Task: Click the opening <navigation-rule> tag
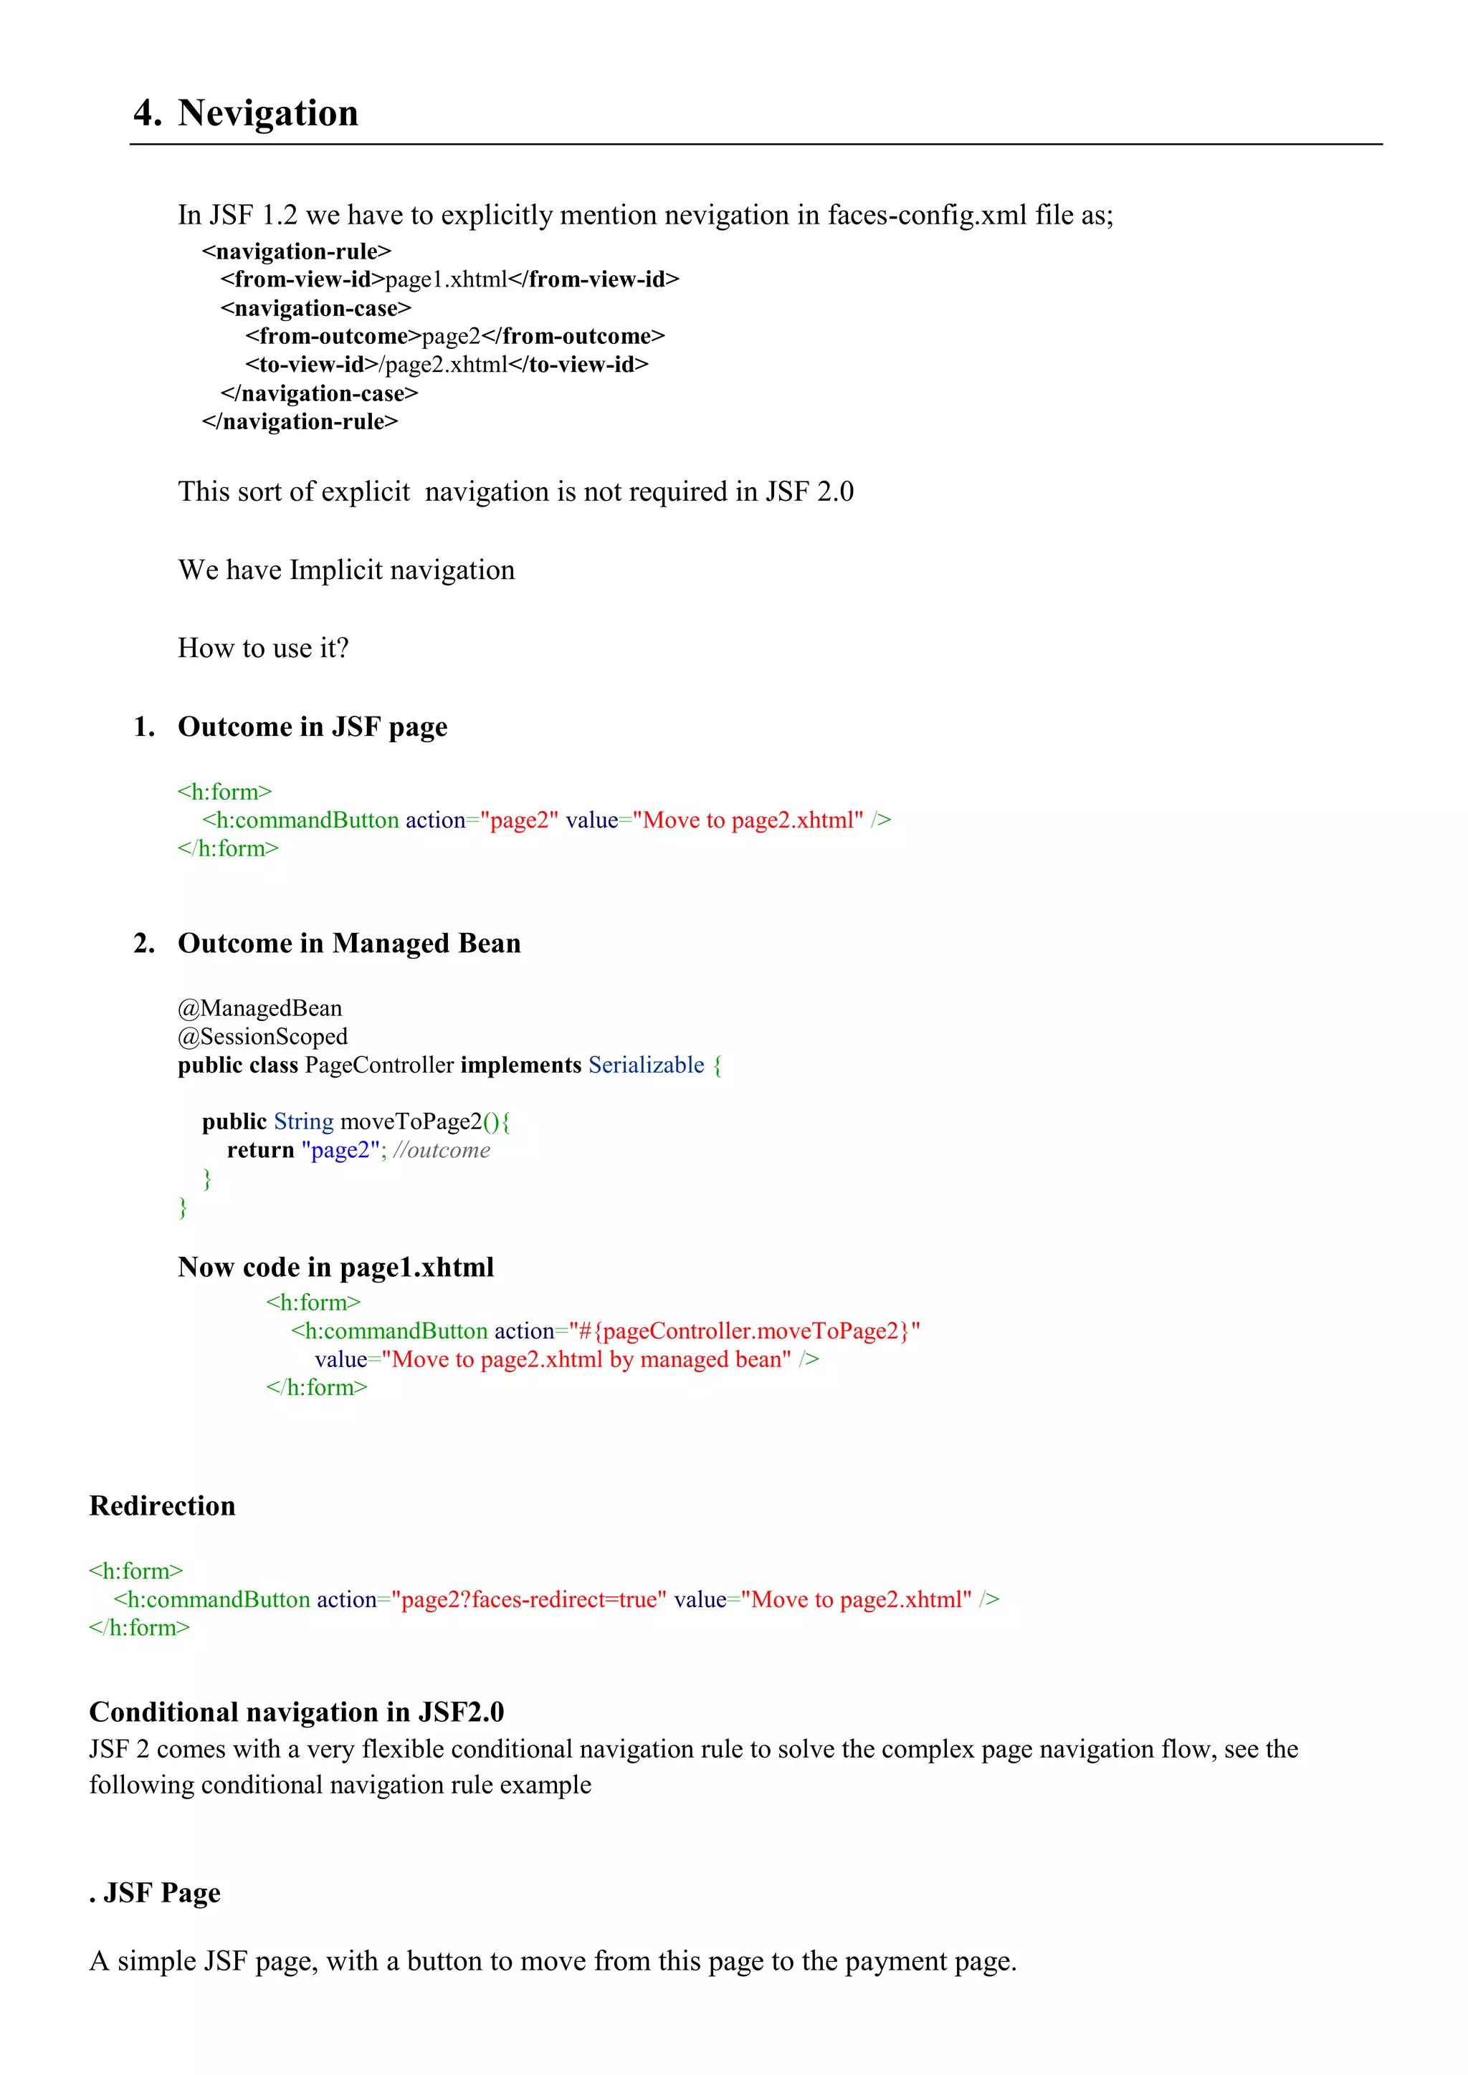297,251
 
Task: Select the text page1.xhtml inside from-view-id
447,280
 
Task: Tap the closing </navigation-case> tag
319,394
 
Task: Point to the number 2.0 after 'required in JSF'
834,492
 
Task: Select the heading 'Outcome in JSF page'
312,727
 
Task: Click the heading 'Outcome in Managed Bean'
349,944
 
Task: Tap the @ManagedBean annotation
259,1009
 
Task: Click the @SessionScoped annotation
262,1037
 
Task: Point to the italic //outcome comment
442,1151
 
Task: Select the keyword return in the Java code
260,1151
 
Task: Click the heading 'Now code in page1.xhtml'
335,1268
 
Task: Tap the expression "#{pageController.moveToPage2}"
744,1331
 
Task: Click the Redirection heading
163,1507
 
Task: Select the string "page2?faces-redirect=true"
529,1600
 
